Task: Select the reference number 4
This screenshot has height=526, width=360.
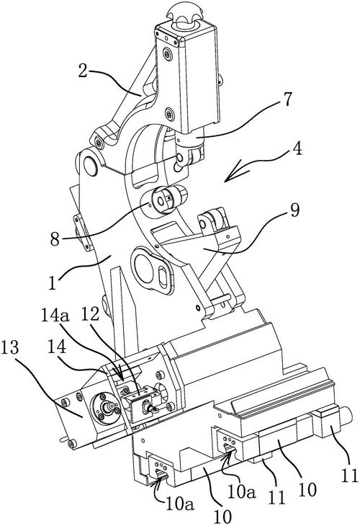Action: tap(296, 148)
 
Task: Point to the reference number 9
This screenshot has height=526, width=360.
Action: tap(294, 210)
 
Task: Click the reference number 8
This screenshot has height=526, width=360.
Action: tap(55, 239)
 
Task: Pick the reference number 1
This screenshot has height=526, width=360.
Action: tap(52, 282)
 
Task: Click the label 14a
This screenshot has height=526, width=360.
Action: tap(55, 316)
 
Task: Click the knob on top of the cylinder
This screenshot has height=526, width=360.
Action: tap(184, 14)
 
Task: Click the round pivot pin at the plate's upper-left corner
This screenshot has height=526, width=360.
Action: tap(90, 166)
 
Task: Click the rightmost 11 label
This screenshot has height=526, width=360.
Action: tap(350, 475)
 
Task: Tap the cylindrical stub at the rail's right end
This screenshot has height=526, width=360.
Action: tap(345, 416)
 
